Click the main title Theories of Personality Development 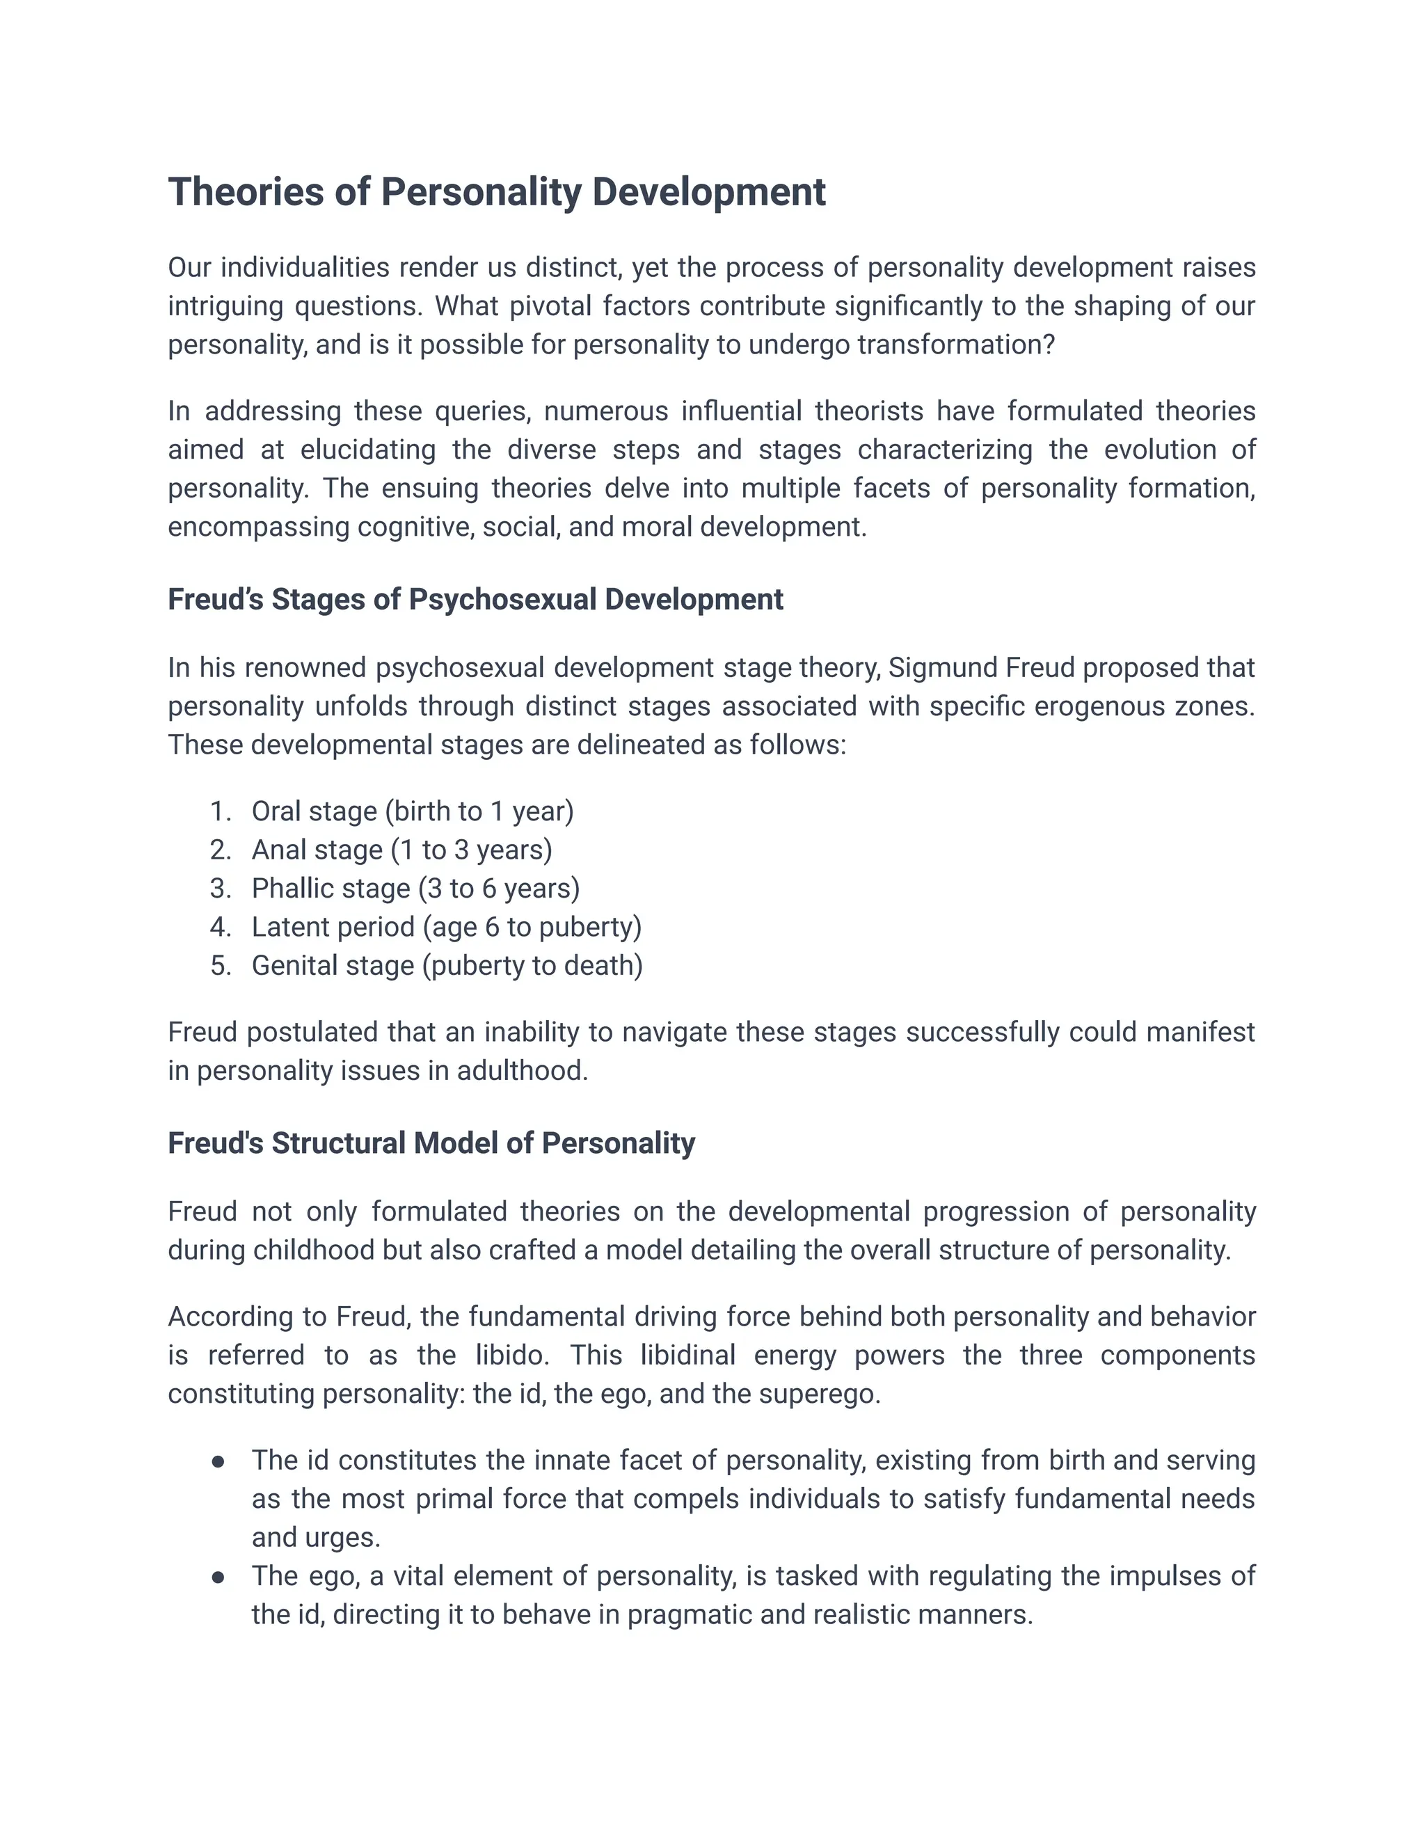pyautogui.click(x=496, y=191)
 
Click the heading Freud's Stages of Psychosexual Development pyautogui.click(x=475, y=599)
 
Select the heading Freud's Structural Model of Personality pyautogui.click(x=431, y=1143)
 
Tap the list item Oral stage pyautogui.click(x=412, y=811)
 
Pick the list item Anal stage pyautogui.click(x=402, y=850)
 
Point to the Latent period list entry pyautogui.click(x=447, y=927)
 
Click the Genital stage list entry pyautogui.click(x=447, y=966)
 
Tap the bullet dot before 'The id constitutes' pyautogui.click(x=218, y=1461)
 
